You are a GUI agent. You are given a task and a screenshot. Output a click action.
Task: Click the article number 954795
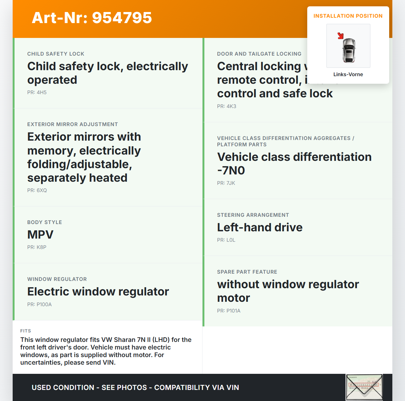[122, 18]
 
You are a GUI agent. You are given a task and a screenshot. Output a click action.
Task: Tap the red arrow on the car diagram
[340, 36]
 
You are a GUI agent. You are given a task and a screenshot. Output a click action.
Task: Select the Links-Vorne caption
[348, 75]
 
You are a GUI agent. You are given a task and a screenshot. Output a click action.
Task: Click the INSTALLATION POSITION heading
[348, 16]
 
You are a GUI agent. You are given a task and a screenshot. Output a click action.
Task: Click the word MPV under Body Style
[40, 235]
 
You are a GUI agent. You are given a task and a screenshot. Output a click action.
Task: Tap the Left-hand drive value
[260, 228]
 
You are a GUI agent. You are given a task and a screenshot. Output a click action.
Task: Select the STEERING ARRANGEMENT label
[253, 215]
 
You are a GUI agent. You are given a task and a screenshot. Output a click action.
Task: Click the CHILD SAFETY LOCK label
[56, 54]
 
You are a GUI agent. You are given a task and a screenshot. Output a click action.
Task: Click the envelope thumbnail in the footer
[364, 387]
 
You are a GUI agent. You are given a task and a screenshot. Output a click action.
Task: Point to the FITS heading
[26, 331]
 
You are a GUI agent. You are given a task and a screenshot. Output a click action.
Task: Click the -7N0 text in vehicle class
[231, 171]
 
